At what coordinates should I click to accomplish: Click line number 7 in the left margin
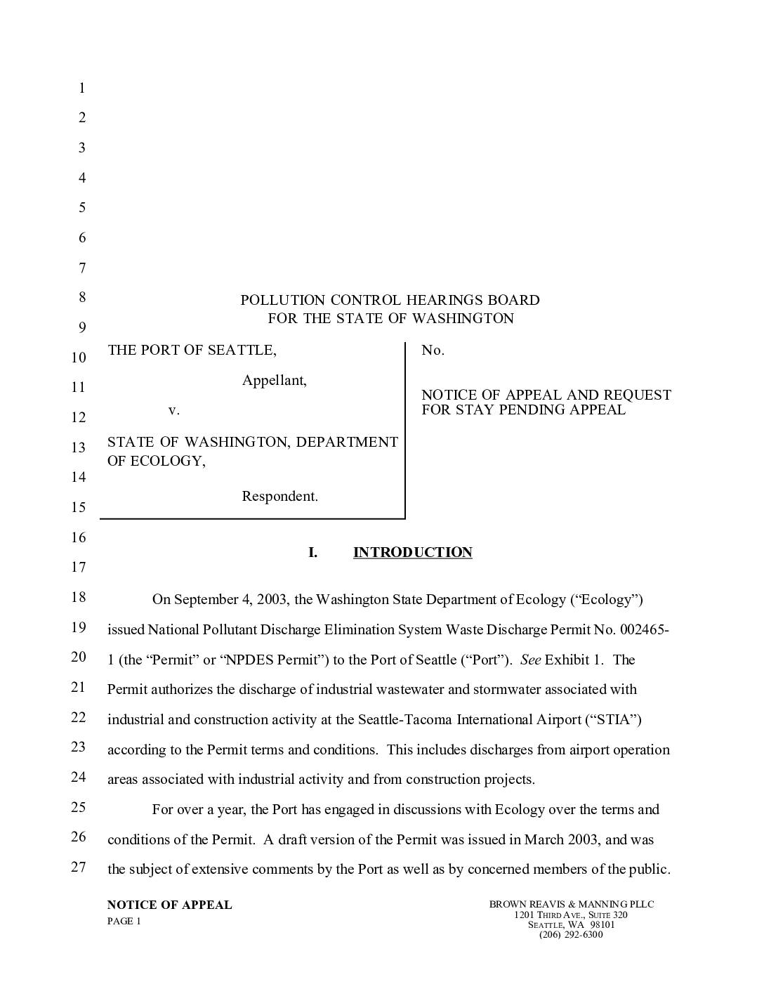(x=81, y=268)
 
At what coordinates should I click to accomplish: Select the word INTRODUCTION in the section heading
(x=412, y=553)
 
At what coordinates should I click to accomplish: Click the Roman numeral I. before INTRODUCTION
(x=312, y=553)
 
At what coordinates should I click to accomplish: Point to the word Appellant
(x=274, y=381)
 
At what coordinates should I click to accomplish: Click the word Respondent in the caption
(x=279, y=497)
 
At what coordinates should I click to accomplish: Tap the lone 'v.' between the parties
(x=174, y=410)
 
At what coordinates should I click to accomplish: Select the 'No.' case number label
(x=433, y=351)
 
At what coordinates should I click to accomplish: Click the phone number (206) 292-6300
(x=571, y=934)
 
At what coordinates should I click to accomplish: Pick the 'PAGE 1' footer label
(x=124, y=922)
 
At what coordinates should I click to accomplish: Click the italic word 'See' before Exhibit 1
(x=530, y=660)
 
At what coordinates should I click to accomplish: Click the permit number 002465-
(x=644, y=629)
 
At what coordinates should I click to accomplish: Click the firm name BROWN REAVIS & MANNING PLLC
(x=571, y=905)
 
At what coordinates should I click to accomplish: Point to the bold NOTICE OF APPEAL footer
(x=169, y=905)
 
